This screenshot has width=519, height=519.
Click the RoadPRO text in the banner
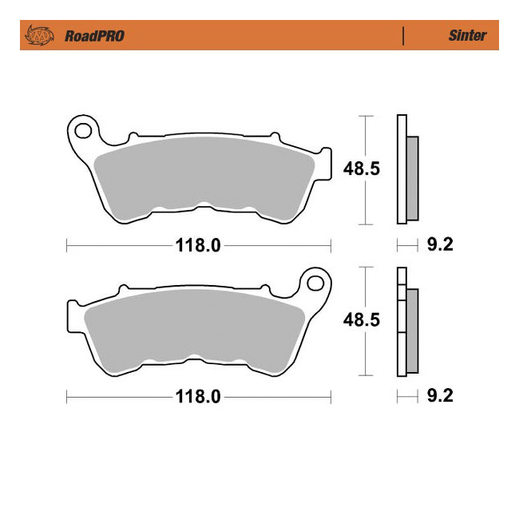click(x=95, y=36)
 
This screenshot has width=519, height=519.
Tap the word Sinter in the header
click(x=467, y=35)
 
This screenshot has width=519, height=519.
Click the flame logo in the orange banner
click(x=39, y=35)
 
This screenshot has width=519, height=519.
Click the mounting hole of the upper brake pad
click(x=83, y=131)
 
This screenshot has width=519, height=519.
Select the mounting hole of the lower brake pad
click(x=315, y=283)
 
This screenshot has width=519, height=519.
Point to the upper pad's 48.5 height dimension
click(x=362, y=168)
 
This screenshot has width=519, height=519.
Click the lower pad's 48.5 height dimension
click(x=362, y=320)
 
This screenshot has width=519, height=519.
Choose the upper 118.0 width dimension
click(x=198, y=246)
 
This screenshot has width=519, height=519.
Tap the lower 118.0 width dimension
click(x=198, y=397)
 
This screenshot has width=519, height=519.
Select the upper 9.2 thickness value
click(x=440, y=244)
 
